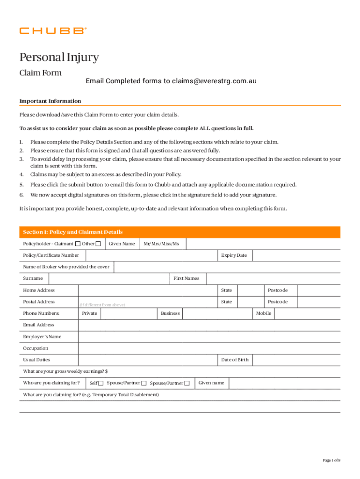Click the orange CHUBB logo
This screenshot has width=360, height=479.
(53, 31)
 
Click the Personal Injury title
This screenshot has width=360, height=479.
(59, 58)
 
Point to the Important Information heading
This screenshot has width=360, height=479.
(50, 101)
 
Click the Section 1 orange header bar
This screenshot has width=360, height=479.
(180, 232)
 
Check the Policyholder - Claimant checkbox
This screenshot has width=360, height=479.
(78, 244)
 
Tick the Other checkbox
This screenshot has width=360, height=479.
(98, 244)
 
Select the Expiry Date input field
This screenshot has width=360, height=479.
(296, 255)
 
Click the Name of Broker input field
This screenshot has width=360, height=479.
(227, 267)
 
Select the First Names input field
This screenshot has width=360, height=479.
(273, 278)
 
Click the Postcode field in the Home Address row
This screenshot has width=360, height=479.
(319, 290)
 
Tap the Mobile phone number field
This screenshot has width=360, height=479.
(307, 313)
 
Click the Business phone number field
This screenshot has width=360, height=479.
(218, 313)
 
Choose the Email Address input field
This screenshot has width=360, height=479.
(209, 325)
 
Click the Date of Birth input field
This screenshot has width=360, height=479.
(296, 360)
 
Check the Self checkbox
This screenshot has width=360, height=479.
(101, 384)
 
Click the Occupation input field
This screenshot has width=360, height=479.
(209, 348)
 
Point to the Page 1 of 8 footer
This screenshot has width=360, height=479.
(331, 460)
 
